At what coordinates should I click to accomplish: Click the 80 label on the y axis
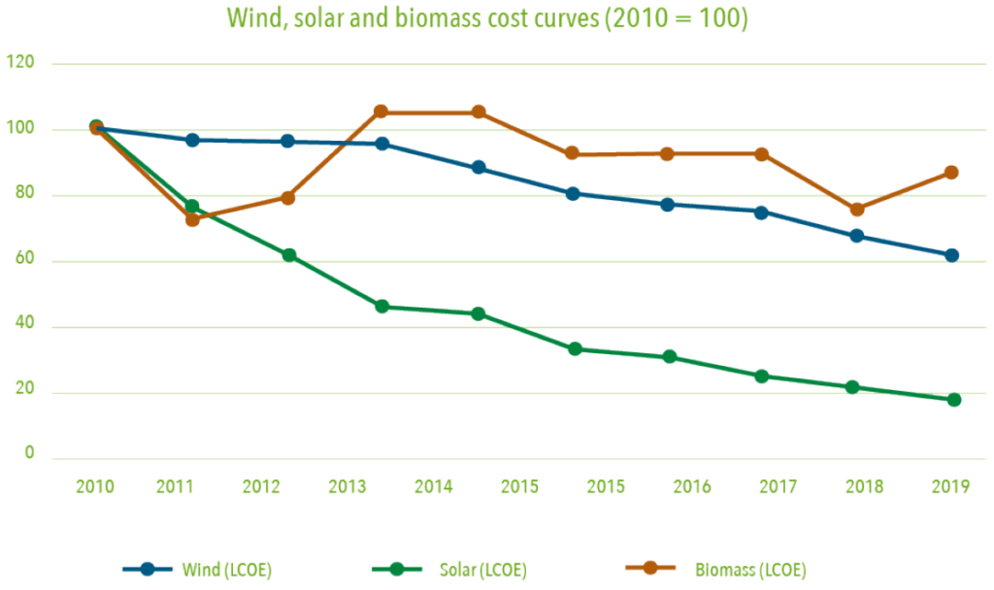22,195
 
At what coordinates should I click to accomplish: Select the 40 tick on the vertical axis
22,326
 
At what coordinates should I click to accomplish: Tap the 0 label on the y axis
28,453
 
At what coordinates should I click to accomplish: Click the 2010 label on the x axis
94,486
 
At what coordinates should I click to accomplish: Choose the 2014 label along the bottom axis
433,486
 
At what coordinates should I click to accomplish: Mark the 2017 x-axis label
775,486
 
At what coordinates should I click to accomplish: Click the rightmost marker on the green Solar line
953,400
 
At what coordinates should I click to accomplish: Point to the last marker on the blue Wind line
952,255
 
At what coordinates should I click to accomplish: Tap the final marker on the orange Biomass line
951,173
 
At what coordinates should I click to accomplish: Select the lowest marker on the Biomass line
192,219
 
